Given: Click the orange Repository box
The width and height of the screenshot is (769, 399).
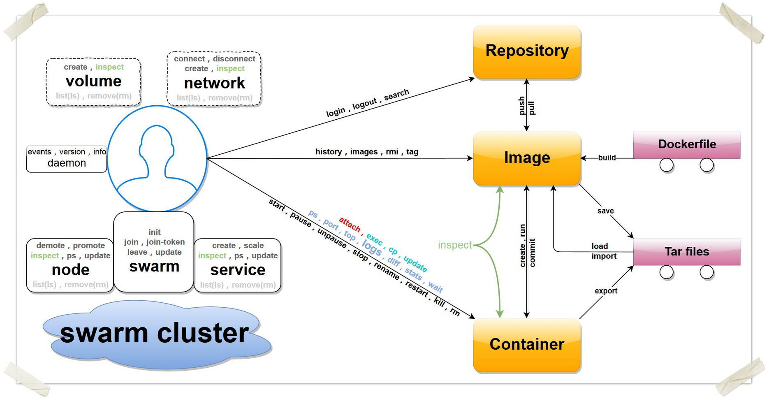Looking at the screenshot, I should click(x=527, y=51).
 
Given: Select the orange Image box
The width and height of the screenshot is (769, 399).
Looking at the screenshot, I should click(x=527, y=158).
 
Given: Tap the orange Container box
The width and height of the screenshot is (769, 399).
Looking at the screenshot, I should click(x=527, y=345).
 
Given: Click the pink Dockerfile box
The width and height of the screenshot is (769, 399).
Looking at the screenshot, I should click(x=687, y=144).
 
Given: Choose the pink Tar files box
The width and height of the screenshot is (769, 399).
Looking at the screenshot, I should click(x=687, y=251).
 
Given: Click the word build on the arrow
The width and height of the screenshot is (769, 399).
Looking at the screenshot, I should click(x=607, y=158).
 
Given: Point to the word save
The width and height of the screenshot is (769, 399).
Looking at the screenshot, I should click(x=605, y=211).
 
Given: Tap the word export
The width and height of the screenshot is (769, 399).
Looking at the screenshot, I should click(x=606, y=291).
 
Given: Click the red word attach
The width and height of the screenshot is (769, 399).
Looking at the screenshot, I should click(x=350, y=224).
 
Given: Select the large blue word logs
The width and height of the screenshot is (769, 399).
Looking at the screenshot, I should click(x=372, y=248).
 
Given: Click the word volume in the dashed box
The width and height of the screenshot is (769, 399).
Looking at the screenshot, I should click(x=94, y=81).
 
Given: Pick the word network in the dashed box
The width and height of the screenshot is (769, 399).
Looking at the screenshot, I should click(x=214, y=83).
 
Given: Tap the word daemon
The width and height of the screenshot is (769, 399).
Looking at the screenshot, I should click(x=67, y=163).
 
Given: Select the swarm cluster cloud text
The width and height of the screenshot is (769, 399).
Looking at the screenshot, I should click(x=154, y=333).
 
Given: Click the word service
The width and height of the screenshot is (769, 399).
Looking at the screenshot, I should click(x=238, y=270).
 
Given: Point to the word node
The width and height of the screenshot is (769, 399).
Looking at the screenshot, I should click(x=70, y=270).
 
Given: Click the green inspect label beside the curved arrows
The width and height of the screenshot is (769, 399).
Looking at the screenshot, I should click(x=455, y=245).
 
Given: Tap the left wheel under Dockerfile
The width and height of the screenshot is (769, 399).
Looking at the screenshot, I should click(x=666, y=165).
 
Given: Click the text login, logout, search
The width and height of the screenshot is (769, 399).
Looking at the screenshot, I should click(x=367, y=103).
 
